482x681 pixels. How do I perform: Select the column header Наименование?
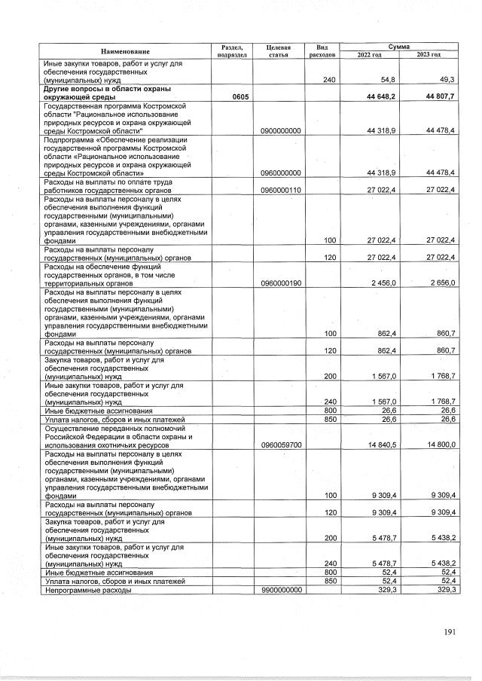[x=125, y=51]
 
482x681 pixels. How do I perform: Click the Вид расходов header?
[x=322, y=51]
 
